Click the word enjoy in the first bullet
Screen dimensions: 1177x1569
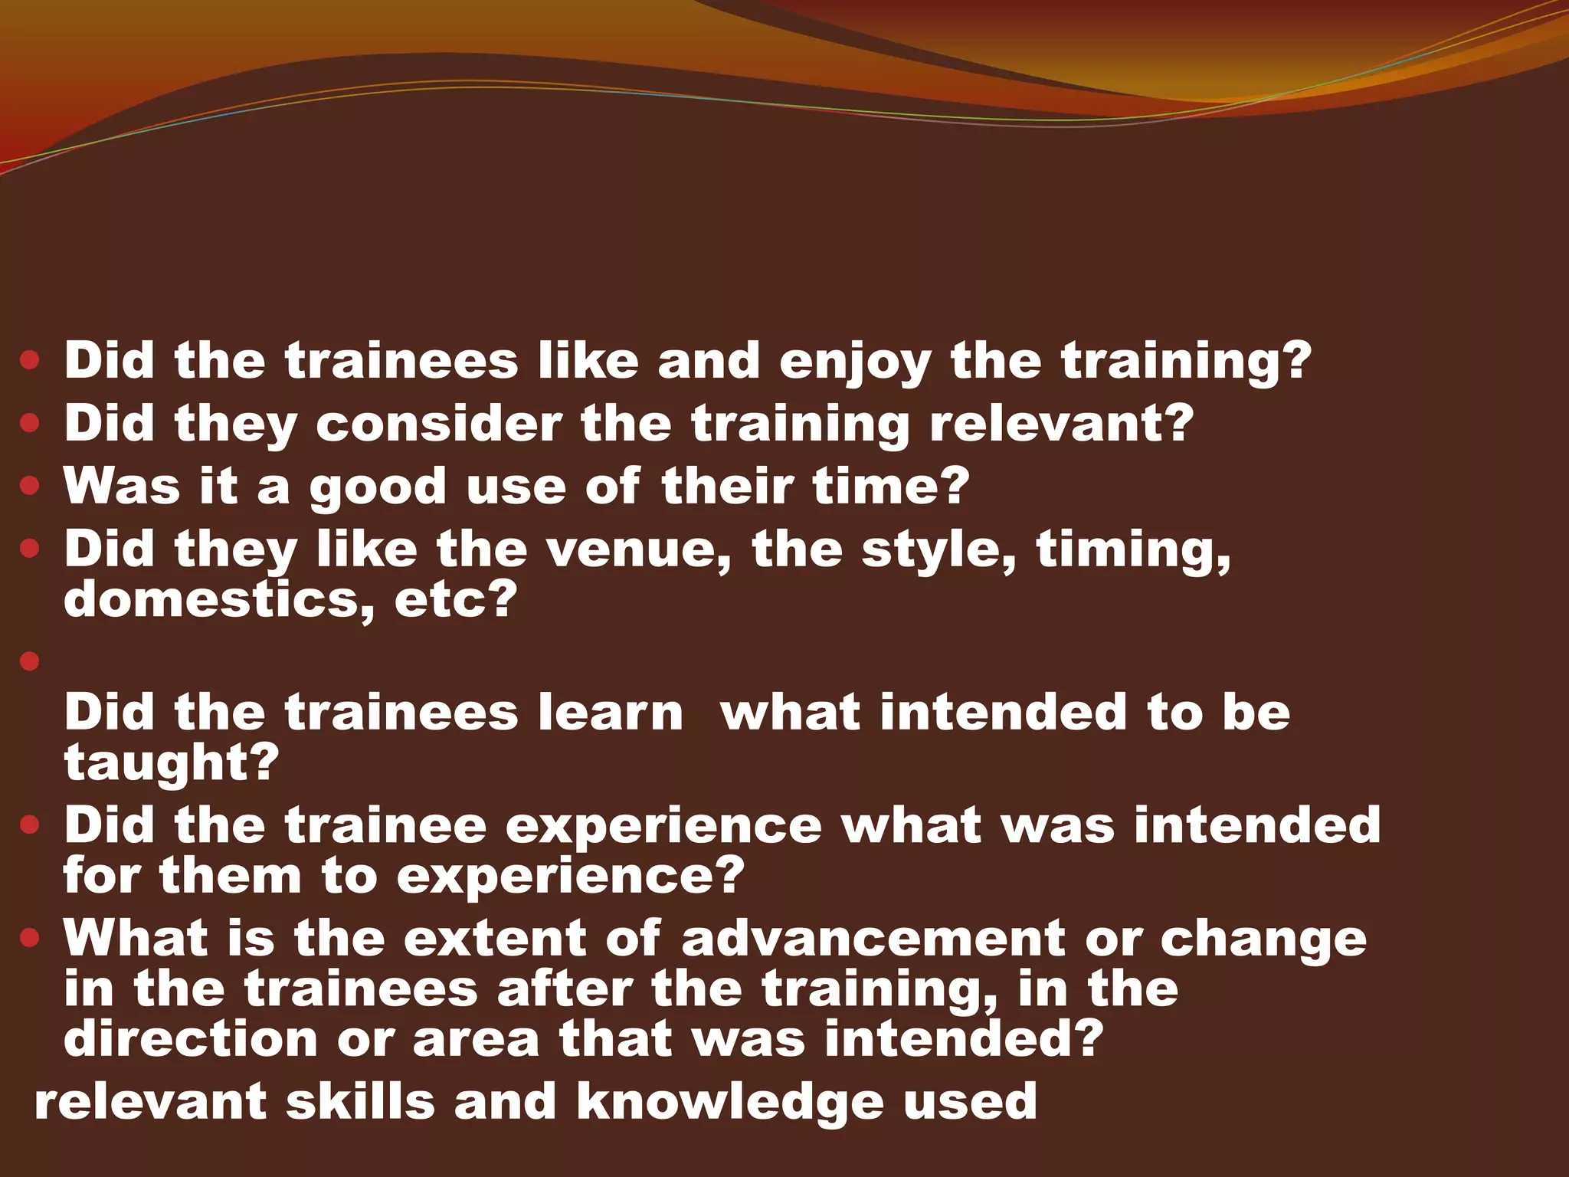(856, 362)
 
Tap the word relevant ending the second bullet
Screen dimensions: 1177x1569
(1061, 423)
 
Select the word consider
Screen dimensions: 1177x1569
(439, 423)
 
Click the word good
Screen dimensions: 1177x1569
(378, 487)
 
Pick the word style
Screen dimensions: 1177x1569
(939, 550)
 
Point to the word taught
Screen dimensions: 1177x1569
(171, 762)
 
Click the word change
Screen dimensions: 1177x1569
(1263, 939)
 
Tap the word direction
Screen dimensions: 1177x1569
(190, 1039)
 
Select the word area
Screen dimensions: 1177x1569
(476, 1039)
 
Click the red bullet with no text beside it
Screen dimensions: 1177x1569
(30, 661)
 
